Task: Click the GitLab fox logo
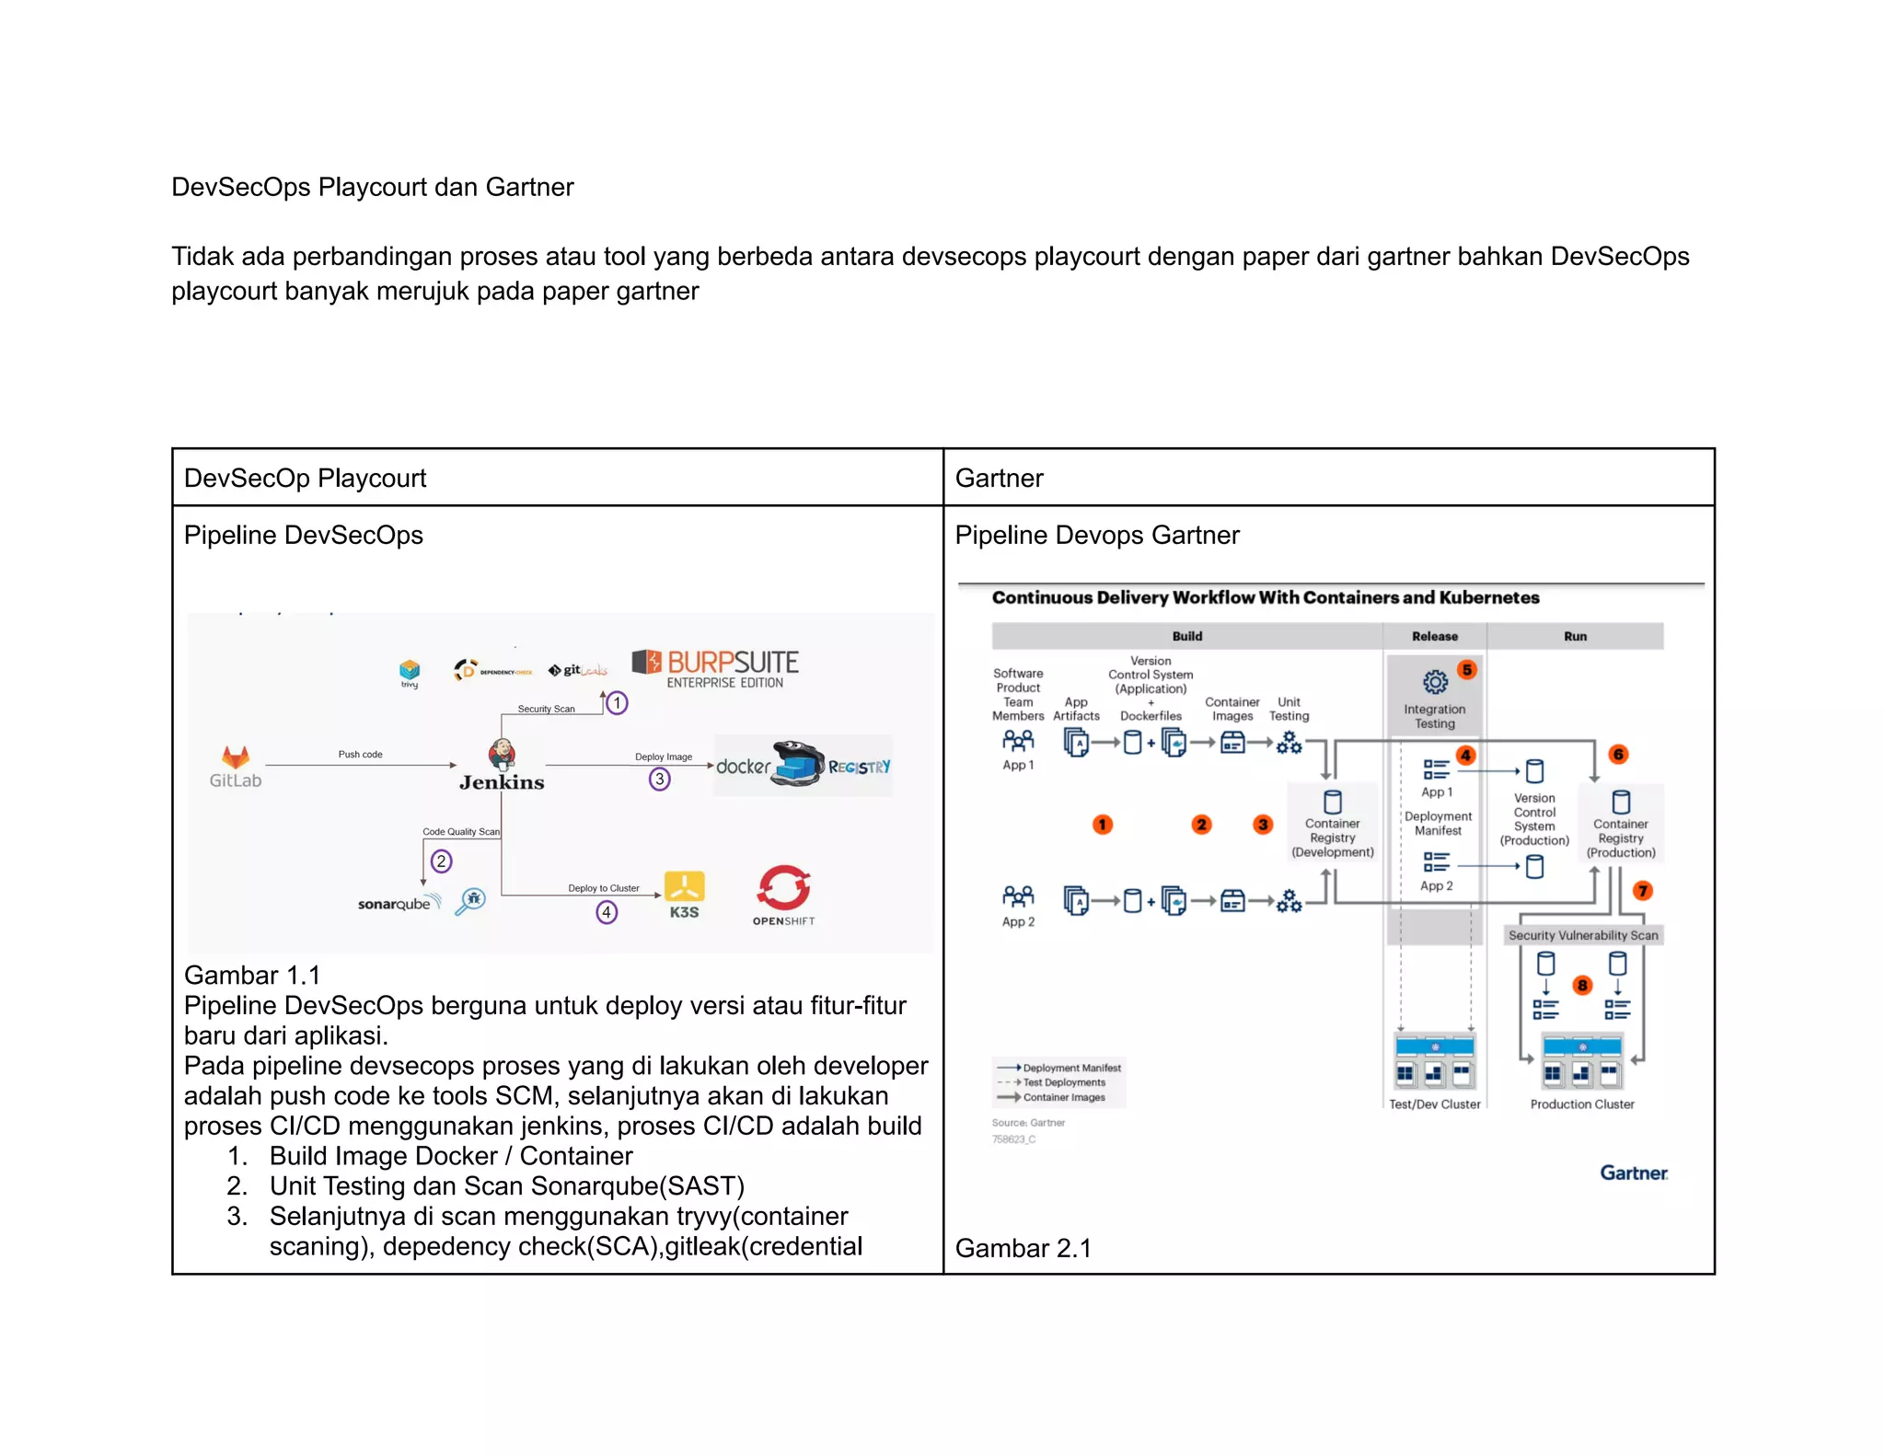coord(236,757)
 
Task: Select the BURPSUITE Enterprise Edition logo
coord(715,668)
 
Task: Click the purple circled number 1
coord(617,703)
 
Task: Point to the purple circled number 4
coord(607,912)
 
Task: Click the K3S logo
coord(684,895)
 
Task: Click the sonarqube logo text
coord(394,904)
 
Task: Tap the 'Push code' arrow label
coord(360,755)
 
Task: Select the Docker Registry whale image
coord(797,764)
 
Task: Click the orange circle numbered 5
coord(1467,670)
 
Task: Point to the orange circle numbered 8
coord(1582,986)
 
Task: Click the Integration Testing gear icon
coord(1435,682)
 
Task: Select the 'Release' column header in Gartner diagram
coord(1434,636)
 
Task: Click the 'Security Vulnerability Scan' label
coord(1582,935)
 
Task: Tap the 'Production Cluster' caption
coord(1581,1104)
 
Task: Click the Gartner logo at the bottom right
coord(1633,1173)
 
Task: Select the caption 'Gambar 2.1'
coord(1023,1248)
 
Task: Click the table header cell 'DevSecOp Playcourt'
coord(305,479)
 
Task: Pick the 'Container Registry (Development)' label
coord(1332,838)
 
